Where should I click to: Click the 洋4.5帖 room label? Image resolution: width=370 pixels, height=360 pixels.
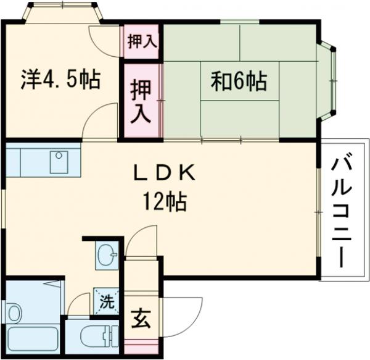[60, 81]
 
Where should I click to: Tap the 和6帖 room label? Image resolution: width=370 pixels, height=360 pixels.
[239, 81]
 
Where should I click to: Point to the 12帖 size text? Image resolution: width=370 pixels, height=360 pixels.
[165, 201]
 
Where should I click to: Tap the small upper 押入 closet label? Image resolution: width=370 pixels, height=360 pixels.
[142, 41]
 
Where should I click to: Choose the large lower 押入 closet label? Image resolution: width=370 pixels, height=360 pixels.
[141, 98]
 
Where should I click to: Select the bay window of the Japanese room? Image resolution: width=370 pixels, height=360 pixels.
[329, 80]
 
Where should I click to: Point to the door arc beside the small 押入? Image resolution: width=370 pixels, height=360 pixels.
[103, 40]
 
